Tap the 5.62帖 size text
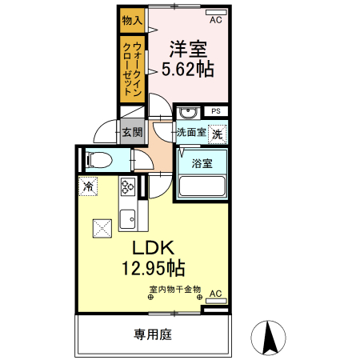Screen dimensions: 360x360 click(x=189, y=70)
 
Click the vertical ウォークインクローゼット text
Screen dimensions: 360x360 click(x=132, y=68)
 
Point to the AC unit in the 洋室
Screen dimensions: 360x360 click(x=214, y=13)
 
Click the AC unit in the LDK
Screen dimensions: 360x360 click(x=214, y=296)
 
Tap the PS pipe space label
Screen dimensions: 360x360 click(x=215, y=111)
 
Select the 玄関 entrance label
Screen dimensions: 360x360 click(x=132, y=132)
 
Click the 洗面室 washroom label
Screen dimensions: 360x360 click(x=191, y=132)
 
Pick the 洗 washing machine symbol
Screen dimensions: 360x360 click(x=217, y=134)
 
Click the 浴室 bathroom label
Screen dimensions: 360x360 click(x=202, y=163)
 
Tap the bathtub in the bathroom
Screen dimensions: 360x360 click(x=202, y=186)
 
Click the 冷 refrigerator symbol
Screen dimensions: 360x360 click(x=88, y=187)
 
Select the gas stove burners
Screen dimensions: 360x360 click(x=128, y=189)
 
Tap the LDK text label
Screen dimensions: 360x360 click(x=154, y=246)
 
